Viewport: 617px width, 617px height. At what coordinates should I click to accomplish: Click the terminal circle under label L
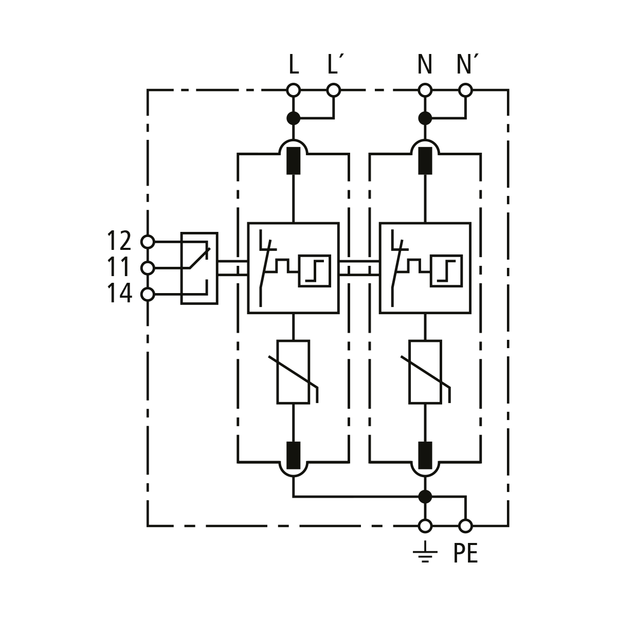point(293,90)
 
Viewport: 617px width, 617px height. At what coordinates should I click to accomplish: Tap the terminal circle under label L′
point(334,90)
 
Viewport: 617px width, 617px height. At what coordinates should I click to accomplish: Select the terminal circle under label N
point(425,90)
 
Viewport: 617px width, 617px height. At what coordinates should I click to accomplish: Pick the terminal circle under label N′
point(465,90)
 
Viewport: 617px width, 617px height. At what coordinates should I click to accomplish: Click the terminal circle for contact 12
point(148,242)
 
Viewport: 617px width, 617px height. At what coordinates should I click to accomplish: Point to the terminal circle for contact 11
point(148,268)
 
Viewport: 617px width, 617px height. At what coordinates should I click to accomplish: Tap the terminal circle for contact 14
point(148,294)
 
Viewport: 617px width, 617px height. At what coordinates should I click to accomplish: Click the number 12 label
point(119,241)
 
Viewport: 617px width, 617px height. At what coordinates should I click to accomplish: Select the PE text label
point(465,554)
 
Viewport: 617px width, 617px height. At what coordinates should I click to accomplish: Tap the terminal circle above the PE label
point(465,526)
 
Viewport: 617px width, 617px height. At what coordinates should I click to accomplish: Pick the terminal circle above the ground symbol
point(425,526)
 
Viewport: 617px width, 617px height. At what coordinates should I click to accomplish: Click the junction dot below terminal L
point(293,118)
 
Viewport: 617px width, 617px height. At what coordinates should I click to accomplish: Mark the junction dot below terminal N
point(425,118)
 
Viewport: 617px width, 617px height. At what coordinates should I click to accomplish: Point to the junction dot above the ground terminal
point(425,497)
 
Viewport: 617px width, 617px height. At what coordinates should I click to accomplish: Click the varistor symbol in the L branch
point(294,372)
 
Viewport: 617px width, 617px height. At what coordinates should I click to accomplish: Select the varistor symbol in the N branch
point(425,372)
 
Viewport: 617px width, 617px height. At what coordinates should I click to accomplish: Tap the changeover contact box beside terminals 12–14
point(199,268)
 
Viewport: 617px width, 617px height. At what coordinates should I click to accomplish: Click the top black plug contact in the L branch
point(293,160)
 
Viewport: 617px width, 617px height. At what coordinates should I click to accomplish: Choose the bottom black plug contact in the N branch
point(425,455)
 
